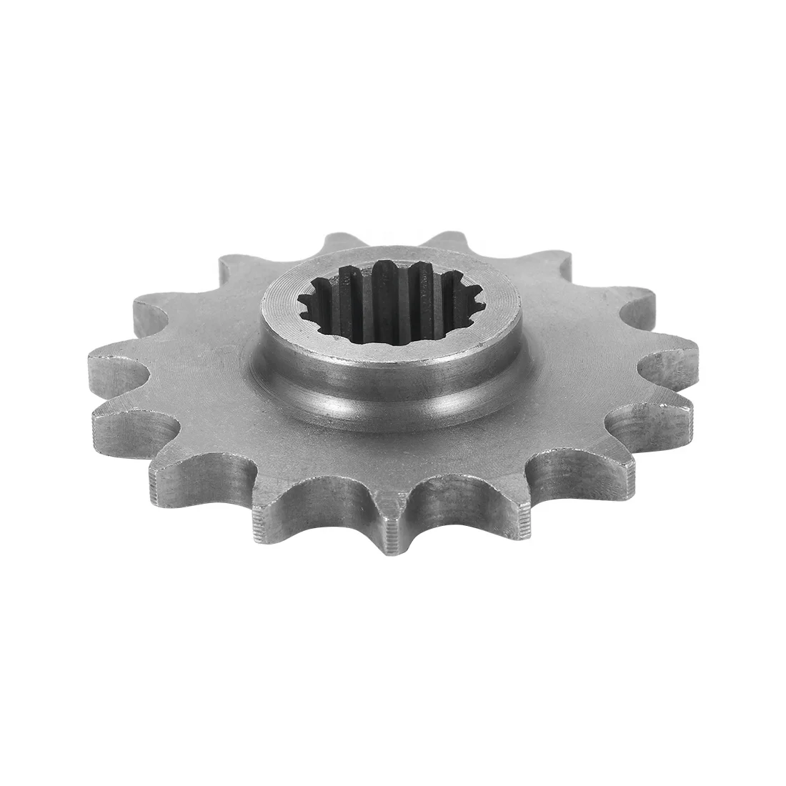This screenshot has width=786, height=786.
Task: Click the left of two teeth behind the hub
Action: click(336, 247)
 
